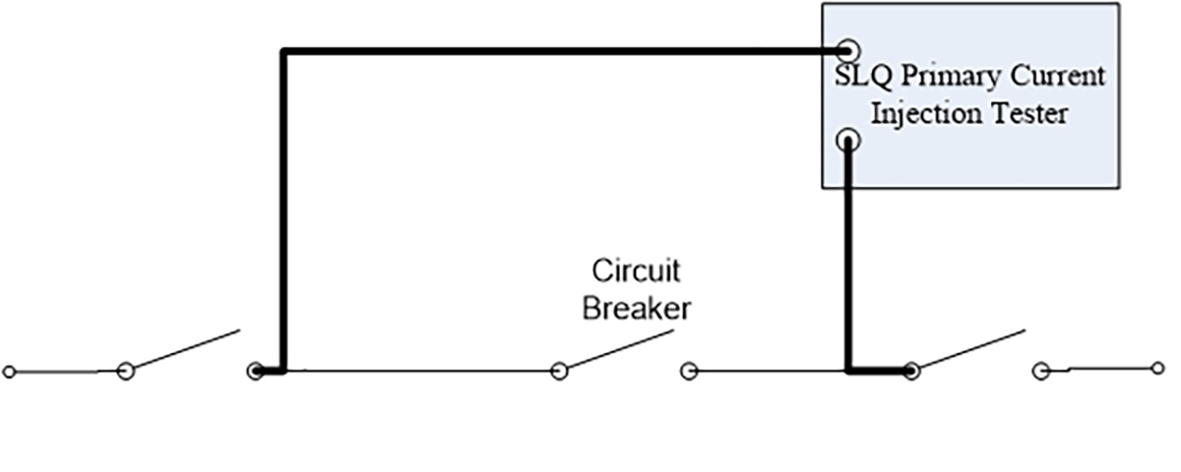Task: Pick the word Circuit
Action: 637,270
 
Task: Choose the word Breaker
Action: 637,308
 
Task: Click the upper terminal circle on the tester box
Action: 847,51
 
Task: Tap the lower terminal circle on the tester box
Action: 847,141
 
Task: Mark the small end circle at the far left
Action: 10,372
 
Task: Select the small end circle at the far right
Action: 1157,368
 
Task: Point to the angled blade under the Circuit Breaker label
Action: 621,349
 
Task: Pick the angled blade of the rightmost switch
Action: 972,349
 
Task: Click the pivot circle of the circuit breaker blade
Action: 559,372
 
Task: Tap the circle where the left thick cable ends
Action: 256,372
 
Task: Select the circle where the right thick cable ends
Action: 911,372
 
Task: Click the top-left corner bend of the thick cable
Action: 283,51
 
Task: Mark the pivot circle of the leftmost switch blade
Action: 126,372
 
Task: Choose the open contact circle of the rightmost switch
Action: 1041,372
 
